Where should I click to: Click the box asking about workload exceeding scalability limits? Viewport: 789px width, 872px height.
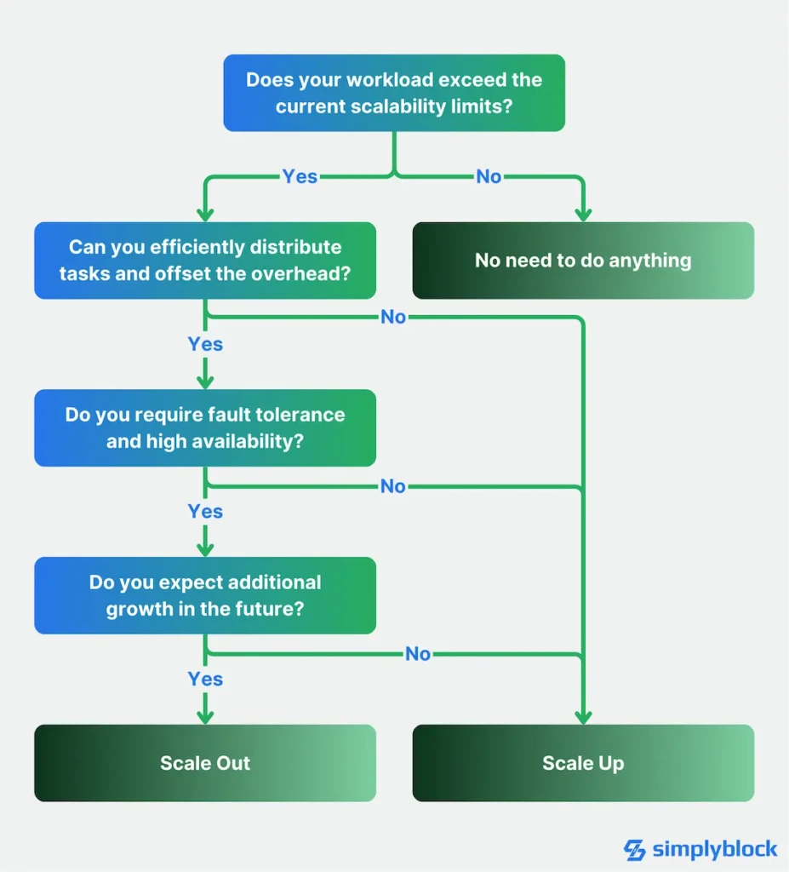[x=394, y=93]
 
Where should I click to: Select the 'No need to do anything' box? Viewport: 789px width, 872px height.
[x=583, y=261]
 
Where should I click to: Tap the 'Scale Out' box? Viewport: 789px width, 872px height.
[x=205, y=763]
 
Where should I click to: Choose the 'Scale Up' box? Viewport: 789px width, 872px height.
[x=583, y=763]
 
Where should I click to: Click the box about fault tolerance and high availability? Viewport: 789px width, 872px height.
[x=205, y=427]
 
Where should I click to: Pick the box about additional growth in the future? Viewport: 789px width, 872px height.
[x=205, y=595]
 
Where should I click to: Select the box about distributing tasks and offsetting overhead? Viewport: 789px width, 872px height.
[x=205, y=261]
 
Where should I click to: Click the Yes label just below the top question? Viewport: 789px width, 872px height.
[x=300, y=176]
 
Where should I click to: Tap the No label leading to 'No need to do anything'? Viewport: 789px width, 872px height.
[x=489, y=176]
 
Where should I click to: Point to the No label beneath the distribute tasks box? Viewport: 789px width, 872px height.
[x=393, y=317]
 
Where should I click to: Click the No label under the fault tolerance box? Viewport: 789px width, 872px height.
[x=393, y=486]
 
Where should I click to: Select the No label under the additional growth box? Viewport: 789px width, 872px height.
[x=418, y=654]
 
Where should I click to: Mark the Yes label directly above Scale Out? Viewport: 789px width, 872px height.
[x=205, y=679]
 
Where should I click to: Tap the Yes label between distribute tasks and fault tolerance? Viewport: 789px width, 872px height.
[x=205, y=344]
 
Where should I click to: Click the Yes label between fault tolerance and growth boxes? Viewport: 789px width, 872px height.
[x=205, y=511]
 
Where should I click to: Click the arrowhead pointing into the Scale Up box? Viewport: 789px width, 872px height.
[x=583, y=718]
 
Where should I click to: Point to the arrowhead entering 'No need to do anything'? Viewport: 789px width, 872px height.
[x=583, y=215]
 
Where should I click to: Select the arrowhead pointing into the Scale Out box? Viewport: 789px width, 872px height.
[x=205, y=718]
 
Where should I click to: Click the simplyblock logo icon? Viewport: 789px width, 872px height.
[x=635, y=849]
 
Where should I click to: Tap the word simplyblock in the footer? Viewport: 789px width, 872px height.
[x=715, y=849]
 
